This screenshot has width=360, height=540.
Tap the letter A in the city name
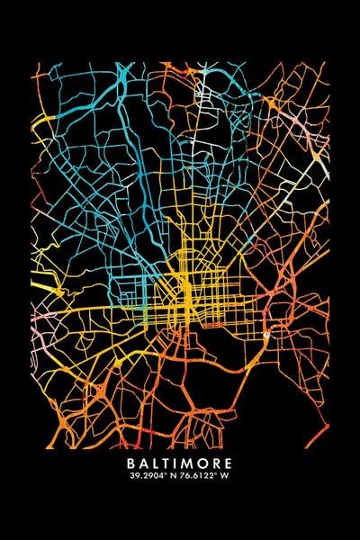(146, 465)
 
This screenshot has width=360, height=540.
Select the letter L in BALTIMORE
(157, 465)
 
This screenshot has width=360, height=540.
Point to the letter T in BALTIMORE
(168, 465)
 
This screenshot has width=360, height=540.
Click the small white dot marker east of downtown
(267, 334)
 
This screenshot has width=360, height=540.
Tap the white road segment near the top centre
(200, 90)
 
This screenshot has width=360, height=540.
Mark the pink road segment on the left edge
(38, 315)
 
